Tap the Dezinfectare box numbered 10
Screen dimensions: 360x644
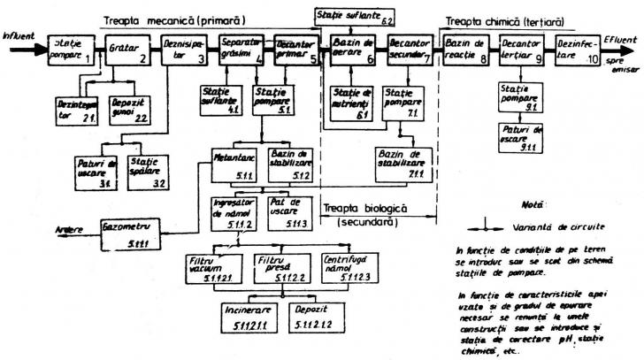580,50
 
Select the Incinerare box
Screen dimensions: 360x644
249,320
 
